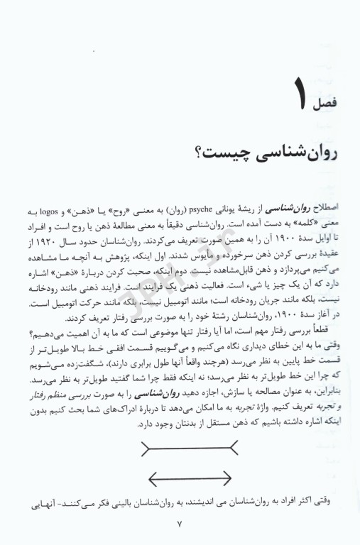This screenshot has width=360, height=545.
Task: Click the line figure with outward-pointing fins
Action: (187, 448)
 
